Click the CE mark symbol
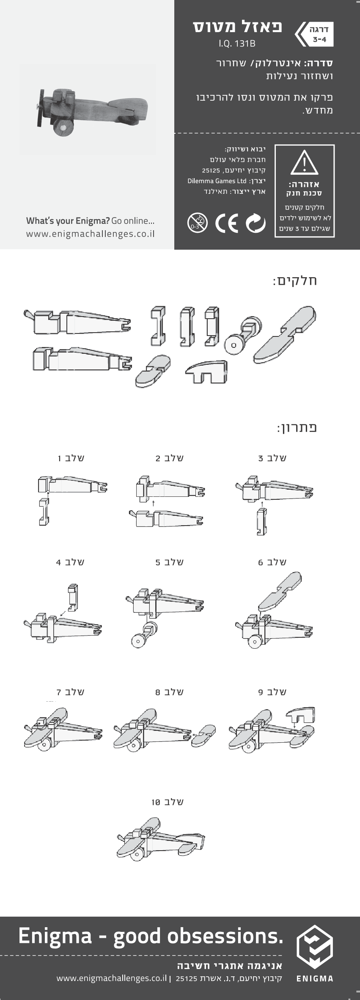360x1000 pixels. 226,223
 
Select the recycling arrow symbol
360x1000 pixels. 256,223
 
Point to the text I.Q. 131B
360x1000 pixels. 237,43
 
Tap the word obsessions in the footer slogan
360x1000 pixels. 225,936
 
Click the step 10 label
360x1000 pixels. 168,802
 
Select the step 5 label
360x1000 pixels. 169,562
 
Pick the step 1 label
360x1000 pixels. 71,458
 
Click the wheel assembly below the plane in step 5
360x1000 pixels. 144,635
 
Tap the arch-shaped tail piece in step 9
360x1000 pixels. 300,715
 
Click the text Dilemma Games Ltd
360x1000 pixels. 217,181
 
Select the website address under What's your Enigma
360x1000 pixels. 90,234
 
